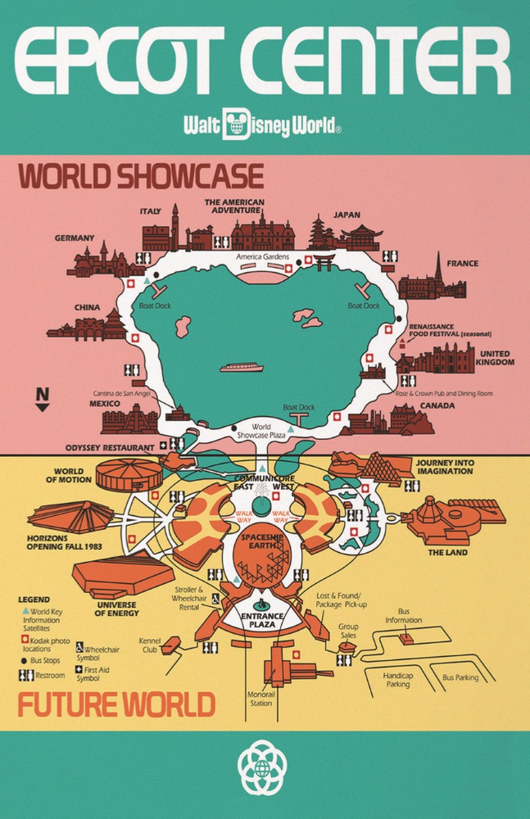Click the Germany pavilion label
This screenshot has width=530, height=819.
tap(75, 238)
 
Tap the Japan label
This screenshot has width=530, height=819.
tap(347, 215)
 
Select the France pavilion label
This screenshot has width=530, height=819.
tap(463, 264)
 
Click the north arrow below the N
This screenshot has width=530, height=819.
tap(43, 406)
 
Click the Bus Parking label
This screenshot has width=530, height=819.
tap(460, 678)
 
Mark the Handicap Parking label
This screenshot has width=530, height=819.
tap(399, 680)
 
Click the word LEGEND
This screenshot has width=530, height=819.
tap(34, 600)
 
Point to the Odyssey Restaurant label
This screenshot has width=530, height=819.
tap(110, 448)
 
